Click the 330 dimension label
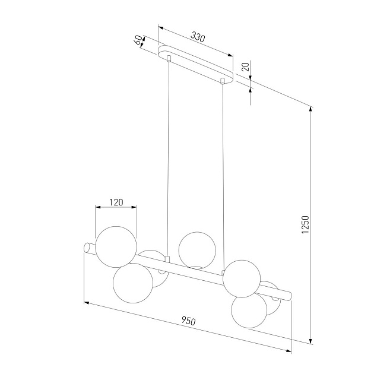click(198, 37)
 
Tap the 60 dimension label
click(139, 40)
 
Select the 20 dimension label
click(245, 66)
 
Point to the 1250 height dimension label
click(305, 224)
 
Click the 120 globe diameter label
click(116, 202)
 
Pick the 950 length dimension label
click(188, 321)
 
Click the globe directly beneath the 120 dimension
click(116, 247)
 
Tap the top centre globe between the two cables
click(197, 251)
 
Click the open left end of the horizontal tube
click(87, 248)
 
